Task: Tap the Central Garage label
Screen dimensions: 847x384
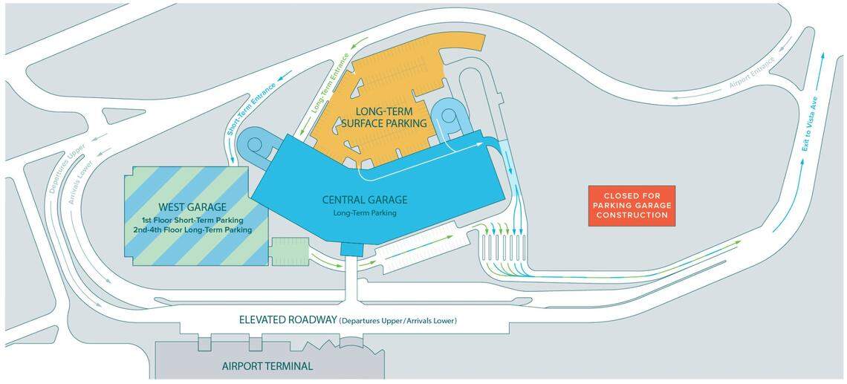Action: [x=365, y=199]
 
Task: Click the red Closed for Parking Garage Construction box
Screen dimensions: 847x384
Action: [x=632, y=205]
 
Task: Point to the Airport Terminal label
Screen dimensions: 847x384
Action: [x=267, y=366]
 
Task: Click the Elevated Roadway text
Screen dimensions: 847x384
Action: [x=287, y=320]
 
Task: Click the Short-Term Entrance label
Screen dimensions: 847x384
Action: [x=250, y=108]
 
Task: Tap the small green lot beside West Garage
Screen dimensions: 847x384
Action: [x=288, y=251]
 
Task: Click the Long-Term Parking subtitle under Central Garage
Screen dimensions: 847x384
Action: [x=365, y=213]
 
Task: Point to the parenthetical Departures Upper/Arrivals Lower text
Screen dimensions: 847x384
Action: [x=397, y=321]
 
